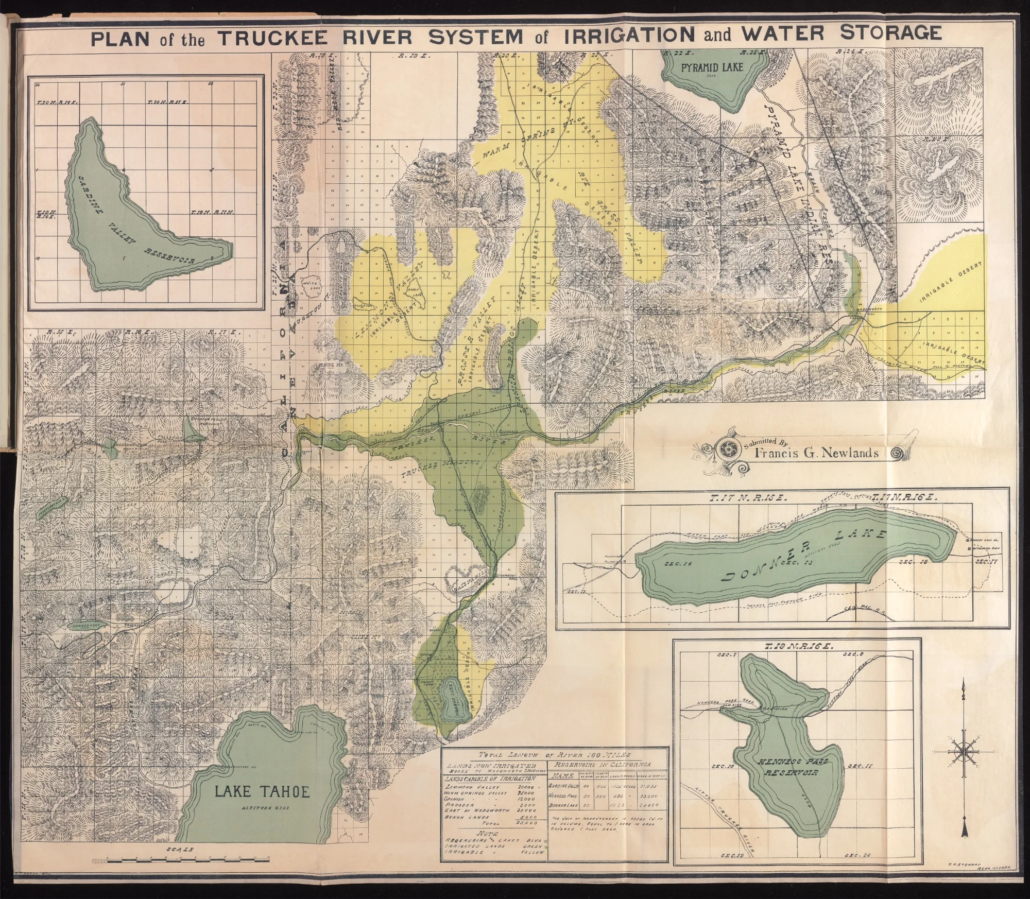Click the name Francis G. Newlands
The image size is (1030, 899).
[x=822, y=453]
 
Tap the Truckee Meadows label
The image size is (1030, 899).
[x=439, y=465]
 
